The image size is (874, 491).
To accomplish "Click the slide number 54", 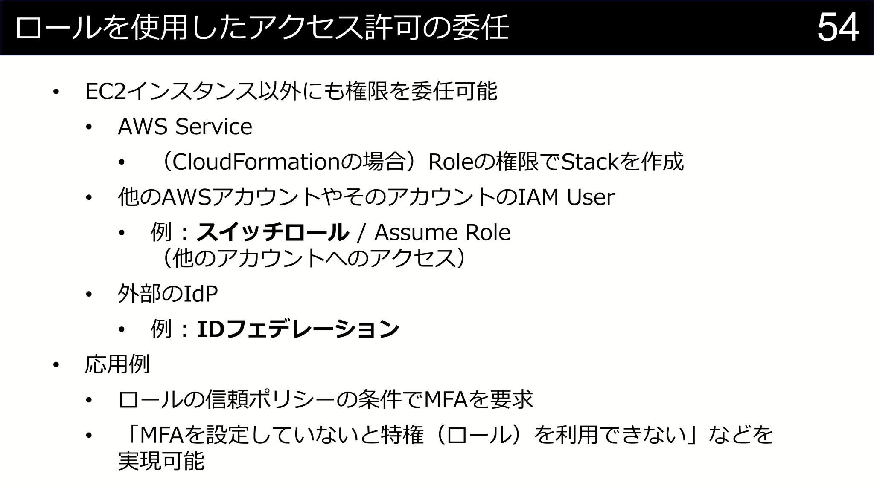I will (838, 28).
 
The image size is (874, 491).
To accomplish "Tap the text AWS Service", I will (185, 127).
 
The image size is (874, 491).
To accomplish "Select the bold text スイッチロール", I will (272, 233).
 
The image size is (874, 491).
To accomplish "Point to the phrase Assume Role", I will (442, 233).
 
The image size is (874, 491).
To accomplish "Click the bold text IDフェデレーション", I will (297, 329).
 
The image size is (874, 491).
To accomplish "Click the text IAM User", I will (566, 197).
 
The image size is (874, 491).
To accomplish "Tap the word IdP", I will (201, 294).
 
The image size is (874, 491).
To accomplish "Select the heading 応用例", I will (117, 364).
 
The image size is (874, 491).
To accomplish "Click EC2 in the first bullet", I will (106, 92).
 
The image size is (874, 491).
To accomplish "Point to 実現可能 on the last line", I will (161, 461).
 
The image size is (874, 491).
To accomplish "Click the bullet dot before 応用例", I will (55, 365).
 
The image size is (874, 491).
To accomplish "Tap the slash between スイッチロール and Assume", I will (362, 233).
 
